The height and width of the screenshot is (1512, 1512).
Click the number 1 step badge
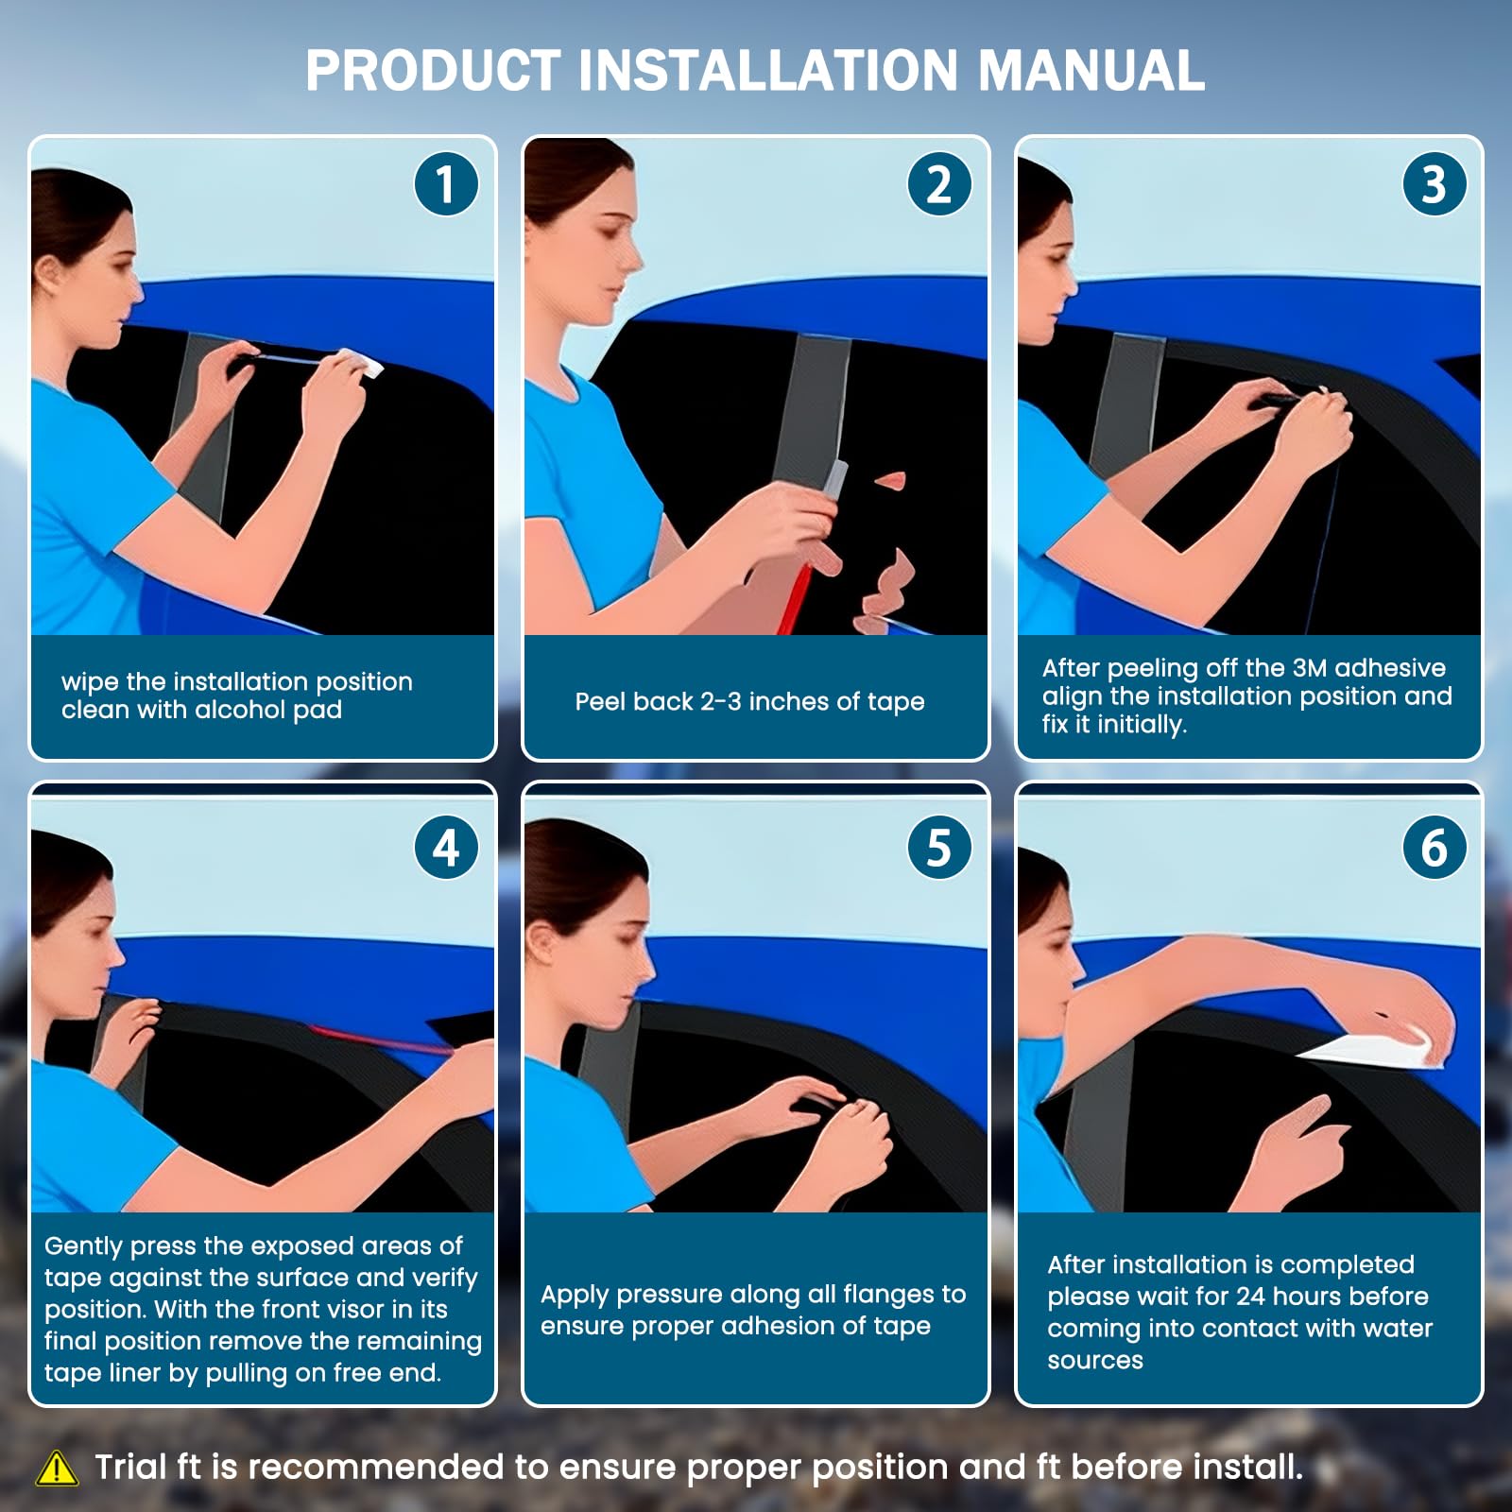coord(446,183)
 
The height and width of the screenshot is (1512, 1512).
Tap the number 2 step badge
coord(939,183)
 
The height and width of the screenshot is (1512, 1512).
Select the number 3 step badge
coord(1434,183)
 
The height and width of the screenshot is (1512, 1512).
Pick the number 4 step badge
coord(446,847)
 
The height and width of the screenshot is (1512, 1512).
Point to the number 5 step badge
coord(939,847)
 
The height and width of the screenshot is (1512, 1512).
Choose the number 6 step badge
coord(1434,847)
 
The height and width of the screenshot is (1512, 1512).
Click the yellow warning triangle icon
coord(57,1468)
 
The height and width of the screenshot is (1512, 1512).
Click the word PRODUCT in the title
coord(433,70)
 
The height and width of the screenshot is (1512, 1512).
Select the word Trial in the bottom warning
coord(130,1467)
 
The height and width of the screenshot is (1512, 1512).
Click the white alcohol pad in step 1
coord(359,362)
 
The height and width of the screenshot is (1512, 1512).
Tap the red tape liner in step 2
coord(792,584)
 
